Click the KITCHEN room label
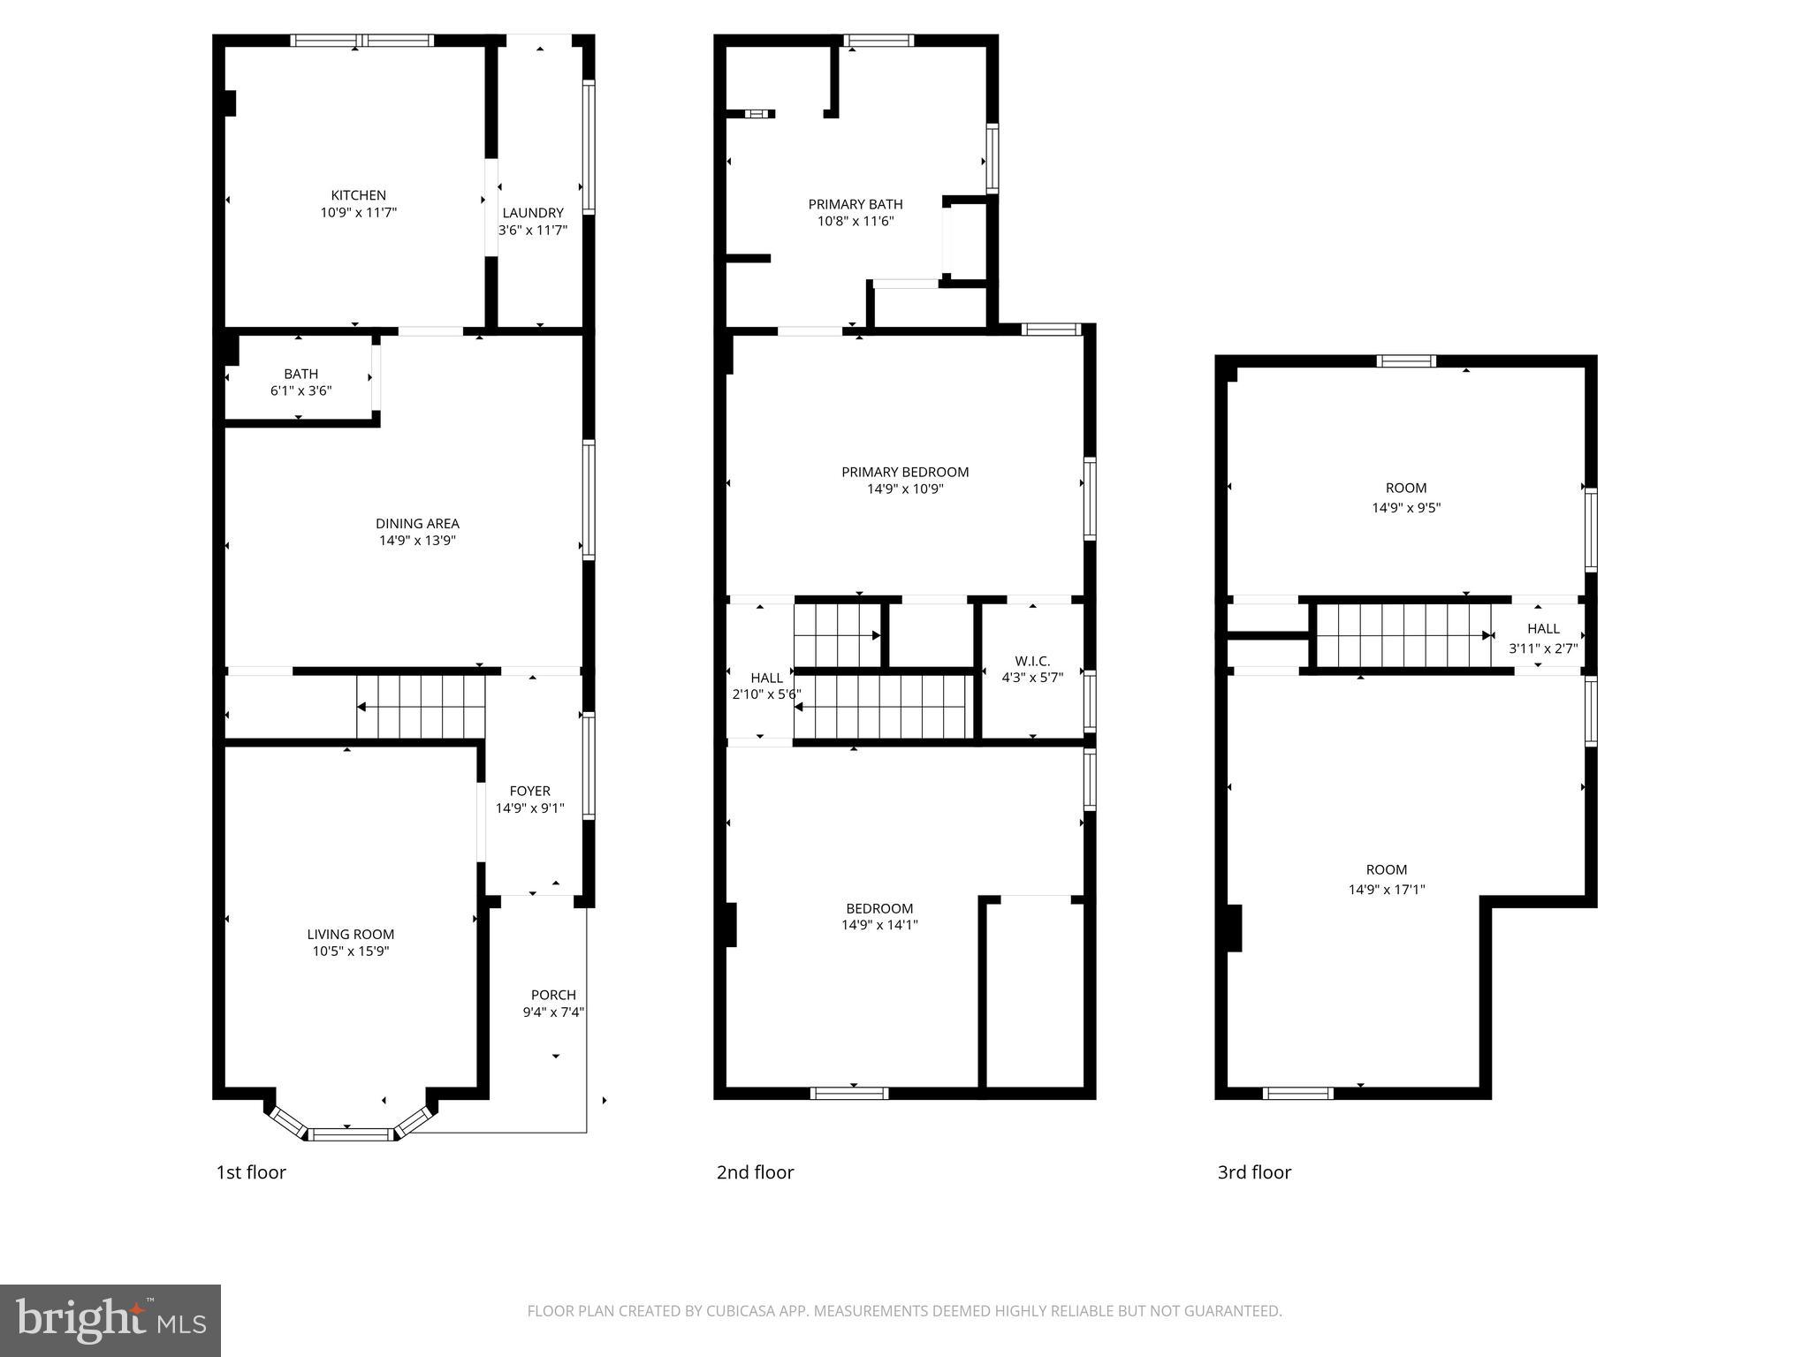coord(358,195)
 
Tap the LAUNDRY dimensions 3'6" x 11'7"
coord(532,231)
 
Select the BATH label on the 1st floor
coord(300,374)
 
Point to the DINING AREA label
coord(417,523)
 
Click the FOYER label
coord(529,791)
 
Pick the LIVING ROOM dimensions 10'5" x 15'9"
coord(350,951)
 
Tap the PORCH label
coord(553,995)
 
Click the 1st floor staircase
coord(421,706)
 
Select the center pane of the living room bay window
coord(351,1134)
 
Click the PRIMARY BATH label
coord(855,204)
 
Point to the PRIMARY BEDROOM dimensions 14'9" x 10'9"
coord(905,489)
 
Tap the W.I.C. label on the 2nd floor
coord(1031,661)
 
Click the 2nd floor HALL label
coord(766,678)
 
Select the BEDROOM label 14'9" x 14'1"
coord(879,908)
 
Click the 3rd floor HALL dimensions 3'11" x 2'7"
coord(1543,648)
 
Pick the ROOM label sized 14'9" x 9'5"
coord(1405,488)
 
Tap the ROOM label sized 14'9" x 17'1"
coord(1386,869)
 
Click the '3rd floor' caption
coord(1254,1172)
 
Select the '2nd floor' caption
coord(755,1172)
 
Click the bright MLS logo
coord(110,1320)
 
